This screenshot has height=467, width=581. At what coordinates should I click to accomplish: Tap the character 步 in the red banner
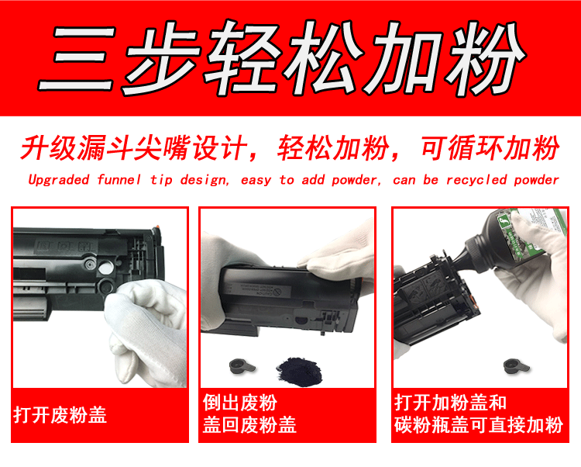pos(160,58)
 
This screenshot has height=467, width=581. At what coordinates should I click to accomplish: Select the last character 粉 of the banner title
pos(485,58)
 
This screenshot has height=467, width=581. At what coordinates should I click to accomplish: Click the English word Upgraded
pos(59,180)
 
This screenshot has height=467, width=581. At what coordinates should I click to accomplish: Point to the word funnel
pos(119,179)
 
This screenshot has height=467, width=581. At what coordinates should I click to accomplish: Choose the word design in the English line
pos(203,180)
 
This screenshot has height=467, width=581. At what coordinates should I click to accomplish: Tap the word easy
pos(256,181)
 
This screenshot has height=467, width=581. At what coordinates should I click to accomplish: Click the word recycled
pos(476,180)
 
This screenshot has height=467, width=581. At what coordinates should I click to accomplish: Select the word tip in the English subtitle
pos(161,180)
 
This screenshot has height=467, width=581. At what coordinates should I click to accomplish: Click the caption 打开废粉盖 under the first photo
pos(60,415)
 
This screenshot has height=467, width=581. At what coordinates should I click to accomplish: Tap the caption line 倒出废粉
pos(239,403)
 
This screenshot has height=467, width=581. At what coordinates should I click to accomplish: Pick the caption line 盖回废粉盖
pos(249,424)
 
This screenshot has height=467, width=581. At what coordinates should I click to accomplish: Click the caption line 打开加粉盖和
pos(450,403)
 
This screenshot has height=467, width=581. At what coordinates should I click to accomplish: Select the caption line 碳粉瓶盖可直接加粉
pos(479,424)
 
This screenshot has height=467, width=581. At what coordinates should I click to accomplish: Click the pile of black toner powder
pos(299,372)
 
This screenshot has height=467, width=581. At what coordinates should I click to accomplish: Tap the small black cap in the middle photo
pos(242,366)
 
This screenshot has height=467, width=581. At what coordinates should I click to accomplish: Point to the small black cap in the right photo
pos(517,366)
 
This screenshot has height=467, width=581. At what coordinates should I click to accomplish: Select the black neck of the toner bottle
pos(468,256)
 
